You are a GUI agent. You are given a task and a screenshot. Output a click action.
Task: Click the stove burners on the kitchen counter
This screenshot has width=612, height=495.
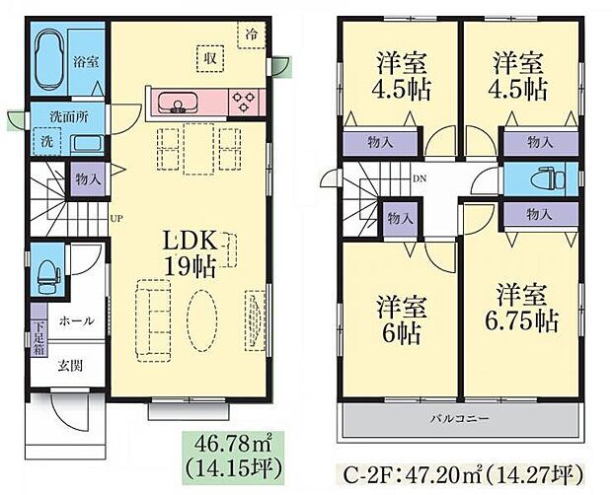[245, 101]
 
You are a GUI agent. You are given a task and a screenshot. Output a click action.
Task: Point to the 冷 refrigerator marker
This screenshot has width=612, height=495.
[254, 32]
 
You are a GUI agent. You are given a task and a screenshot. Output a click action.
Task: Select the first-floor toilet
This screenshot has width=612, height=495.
[46, 266]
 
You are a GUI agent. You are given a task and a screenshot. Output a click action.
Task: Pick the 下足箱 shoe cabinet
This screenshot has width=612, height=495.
[38, 337]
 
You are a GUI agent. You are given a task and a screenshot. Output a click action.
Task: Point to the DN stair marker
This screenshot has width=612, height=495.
[420, 179]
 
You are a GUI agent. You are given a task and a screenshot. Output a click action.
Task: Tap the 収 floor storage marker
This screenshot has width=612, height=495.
[210, 56]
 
